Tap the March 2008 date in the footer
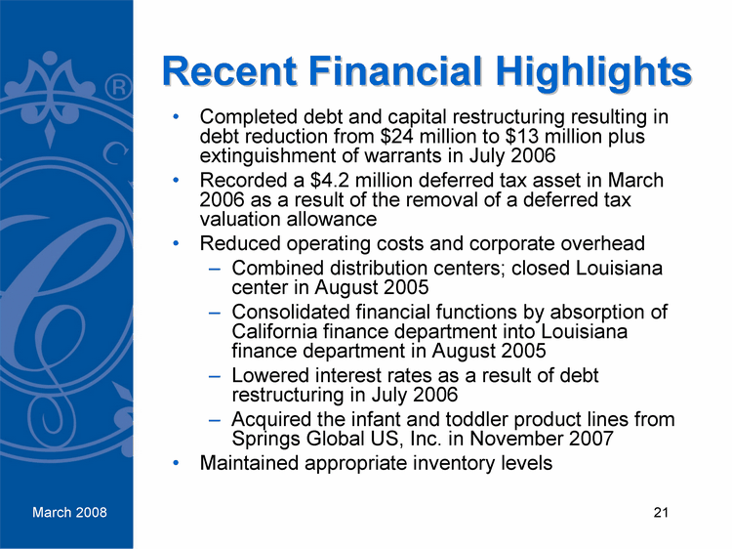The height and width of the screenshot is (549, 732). pyautogui.click(x=68, y=513)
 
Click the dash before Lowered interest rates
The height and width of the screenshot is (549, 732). pyautogui.click(x=214, y=376)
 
